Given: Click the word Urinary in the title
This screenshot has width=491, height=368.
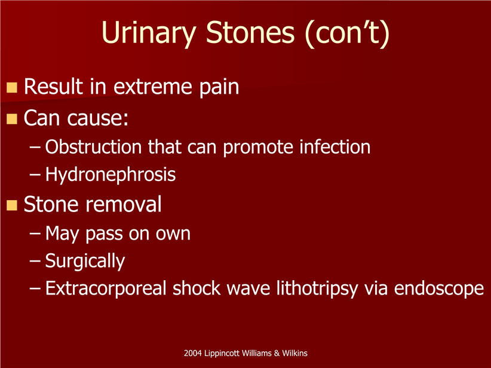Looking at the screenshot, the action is tap(149, 33).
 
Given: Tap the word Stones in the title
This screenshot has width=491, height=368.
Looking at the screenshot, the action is tap(250, 33).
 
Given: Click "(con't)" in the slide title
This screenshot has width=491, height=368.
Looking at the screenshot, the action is tap(347, 34).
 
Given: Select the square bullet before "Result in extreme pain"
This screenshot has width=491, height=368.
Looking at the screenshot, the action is tap(12, 88).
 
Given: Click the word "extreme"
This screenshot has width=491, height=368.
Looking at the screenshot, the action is tap(152, 87).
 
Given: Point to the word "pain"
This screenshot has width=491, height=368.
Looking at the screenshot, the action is tap(219, 88).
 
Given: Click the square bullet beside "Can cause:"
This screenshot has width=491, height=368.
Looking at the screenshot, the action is tap(12, 119).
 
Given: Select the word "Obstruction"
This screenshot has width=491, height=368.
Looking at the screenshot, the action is tap(93, 146).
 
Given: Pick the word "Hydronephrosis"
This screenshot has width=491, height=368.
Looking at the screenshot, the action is tap(111, 174).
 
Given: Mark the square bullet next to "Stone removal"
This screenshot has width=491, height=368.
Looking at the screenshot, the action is tap(12, 206).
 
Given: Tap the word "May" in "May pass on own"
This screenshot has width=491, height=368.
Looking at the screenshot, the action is tap(62, 234).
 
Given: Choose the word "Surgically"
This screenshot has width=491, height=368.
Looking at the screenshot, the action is tap(85, 261).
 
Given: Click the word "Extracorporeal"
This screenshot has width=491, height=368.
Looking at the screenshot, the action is tap(106, 288).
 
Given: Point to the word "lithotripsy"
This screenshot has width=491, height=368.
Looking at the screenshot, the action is tap(317, 289).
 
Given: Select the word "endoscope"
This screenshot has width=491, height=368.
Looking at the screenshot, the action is tap(439, 289).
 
